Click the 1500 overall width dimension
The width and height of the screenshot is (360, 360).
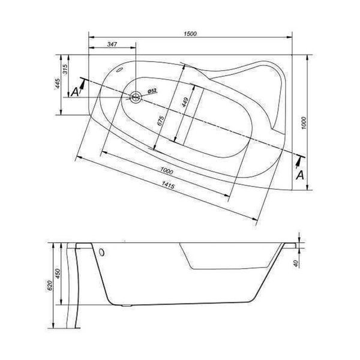click(x=190, y=34)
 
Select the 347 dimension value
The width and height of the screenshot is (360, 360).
click(x=112, y=44)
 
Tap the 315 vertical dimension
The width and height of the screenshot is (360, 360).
click(x=65, y=70)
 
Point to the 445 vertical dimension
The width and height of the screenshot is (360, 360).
click(x=58, y=83)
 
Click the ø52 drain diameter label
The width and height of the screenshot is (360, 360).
click(x=152, y=91)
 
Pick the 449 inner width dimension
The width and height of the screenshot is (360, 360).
click(x=185, y=103)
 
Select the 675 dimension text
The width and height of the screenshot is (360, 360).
click(x=160, y=121)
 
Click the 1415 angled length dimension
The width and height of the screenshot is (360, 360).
click(x=168, y=185)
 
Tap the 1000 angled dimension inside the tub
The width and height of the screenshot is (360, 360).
click(x=167, y=171)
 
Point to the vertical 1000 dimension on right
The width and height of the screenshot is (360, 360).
click(x=304, y=123)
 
